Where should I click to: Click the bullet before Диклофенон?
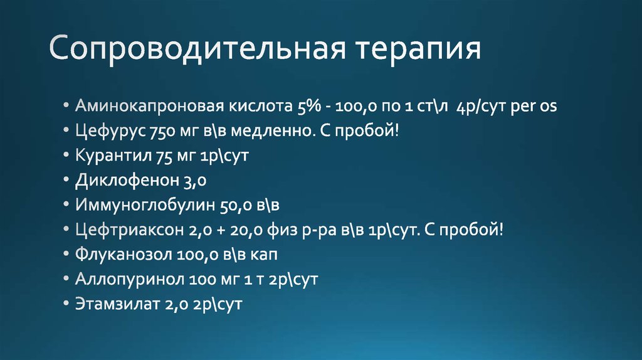tap(66, 181)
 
